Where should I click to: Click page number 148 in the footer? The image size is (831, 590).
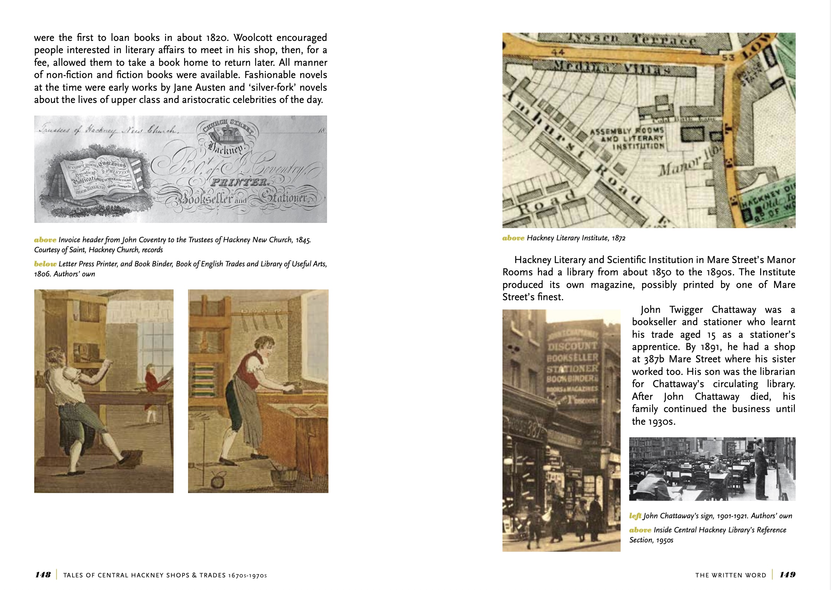click(x=43, y=575)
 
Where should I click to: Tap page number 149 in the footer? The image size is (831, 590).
click(x=788, y=575)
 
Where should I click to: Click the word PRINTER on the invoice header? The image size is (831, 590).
click(x=239, y=182)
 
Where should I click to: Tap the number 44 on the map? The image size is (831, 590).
click(x=558, y=52)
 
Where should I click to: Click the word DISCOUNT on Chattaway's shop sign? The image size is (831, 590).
click(x=572, y=346)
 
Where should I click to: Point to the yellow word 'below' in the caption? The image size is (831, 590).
click(x=45, y=264)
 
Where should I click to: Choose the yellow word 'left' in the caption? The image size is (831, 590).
click(x=635, y=516)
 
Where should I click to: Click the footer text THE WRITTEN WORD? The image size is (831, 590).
click(x=731, y=575)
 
